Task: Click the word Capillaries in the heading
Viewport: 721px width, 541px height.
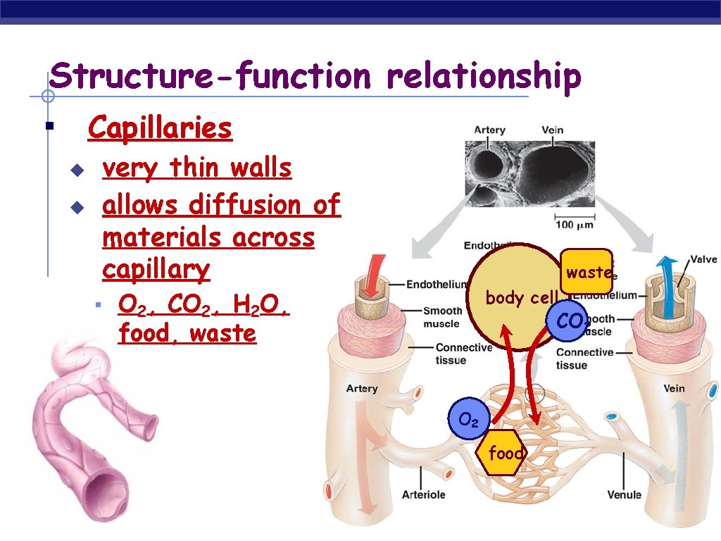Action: pos(160,128)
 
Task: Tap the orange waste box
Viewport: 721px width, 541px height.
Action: pos(588,272)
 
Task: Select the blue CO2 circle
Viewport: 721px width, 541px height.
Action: pos(570,322)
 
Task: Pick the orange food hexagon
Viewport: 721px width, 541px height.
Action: pos(506,453)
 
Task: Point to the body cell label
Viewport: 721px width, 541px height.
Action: pos(522,297)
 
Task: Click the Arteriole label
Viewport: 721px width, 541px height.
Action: pos(423,495)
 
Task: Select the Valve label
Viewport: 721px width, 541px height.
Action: pos(702,259)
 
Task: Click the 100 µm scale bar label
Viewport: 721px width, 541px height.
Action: pos(576,225)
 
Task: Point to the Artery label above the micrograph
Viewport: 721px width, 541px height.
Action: pos(489,130)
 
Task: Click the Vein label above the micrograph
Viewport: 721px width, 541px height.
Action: pos(552,130)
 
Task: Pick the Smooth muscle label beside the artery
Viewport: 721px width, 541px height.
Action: pos(441,317)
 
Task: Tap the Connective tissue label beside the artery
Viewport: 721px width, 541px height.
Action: pos(463,354)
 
